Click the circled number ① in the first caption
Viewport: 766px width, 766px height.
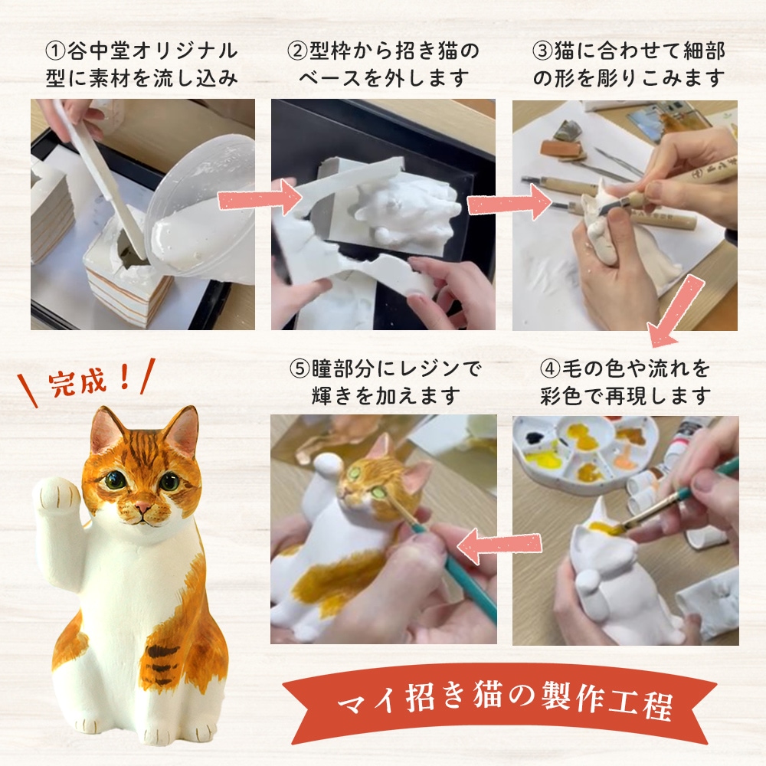[x=54, y=51]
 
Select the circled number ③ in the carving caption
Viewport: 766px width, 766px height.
[x=542, y=51]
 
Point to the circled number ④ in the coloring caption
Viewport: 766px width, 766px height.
[x=550, y=368]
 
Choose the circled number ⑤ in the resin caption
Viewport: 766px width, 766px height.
[x=300, y=368]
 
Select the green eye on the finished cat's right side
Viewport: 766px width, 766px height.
[x=169, y=483]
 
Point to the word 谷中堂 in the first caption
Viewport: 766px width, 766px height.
[x=98, y=51]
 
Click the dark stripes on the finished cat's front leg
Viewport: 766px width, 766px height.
[x=162, y=660]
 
